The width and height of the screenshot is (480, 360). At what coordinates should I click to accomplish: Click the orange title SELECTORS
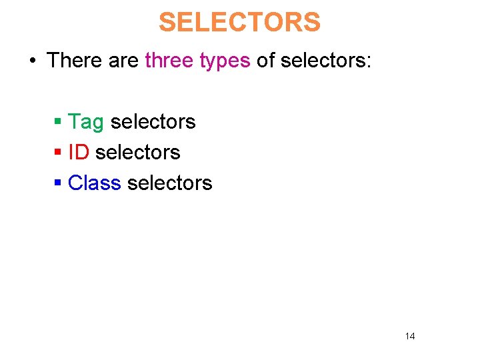[x=239, y=23]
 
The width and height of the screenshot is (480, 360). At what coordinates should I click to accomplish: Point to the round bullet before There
[x=32, y=61]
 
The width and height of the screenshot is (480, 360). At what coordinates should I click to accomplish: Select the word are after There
[x=122, y=61]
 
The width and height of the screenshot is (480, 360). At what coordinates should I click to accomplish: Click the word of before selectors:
[x=265, y=61]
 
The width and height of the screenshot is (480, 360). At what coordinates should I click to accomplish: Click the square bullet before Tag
[x=58, y=122]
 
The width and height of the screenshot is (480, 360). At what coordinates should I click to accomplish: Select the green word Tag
[x=86, y=123]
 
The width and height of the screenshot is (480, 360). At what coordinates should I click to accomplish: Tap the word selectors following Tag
[x=153, y=122]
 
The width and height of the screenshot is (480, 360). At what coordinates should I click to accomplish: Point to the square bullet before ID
[x=58, y=153]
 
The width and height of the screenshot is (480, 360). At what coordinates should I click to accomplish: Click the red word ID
[x=79, y=153]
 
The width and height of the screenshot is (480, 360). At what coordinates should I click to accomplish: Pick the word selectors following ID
[x=138, y=153]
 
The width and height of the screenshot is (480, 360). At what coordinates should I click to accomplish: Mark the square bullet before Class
[x=58, y=183]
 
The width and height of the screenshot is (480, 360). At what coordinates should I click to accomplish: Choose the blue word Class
[x=95, y=183]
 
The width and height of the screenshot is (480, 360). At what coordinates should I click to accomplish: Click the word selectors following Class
[x=169, y=183]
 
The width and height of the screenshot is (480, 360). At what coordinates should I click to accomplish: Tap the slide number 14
[x=409, y=336]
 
